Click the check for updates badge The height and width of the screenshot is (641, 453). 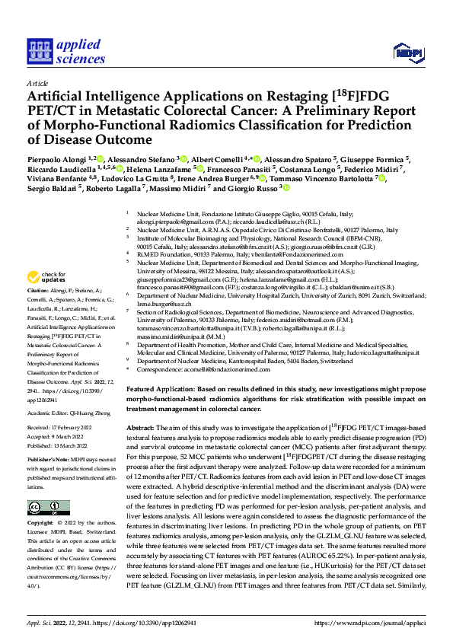click(46, 276)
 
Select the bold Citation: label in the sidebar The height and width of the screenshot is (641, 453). click(40, 291)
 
